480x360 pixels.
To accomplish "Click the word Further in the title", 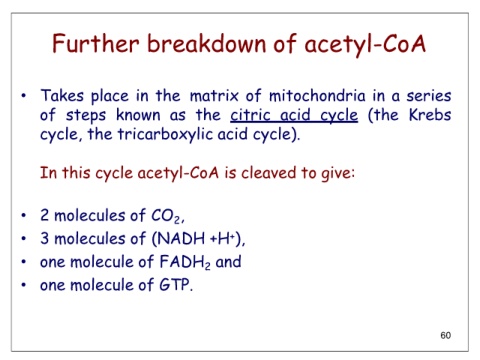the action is [95, 43].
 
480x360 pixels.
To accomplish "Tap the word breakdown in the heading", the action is [207, 43].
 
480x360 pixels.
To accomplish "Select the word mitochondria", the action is [317, 96].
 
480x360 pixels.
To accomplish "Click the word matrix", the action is [214, 96].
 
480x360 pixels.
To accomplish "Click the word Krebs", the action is [430, 115].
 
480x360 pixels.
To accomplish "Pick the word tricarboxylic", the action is [165, 135].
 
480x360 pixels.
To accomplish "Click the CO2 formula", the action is [166, 216].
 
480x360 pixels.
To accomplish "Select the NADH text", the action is [181, 238].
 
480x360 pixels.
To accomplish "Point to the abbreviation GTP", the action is [174, 285].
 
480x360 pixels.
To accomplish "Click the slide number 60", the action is [446, 335].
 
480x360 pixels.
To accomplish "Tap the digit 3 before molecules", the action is [44, 238].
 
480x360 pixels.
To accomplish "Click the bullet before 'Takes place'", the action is [23, 96].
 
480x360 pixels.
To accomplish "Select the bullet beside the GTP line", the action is [23, 285].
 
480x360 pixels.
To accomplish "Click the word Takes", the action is [62, 96].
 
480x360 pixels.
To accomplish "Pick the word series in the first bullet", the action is [429, 96].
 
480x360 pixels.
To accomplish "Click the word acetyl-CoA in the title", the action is [365, 44].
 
